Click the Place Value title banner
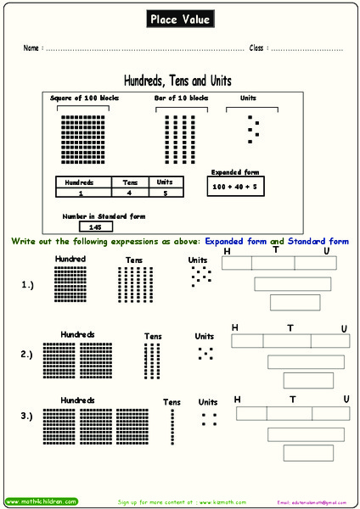[180, 19]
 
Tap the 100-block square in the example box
[83, 140]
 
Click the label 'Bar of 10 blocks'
[181, 98]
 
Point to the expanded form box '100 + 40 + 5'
[233, 184]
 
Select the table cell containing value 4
[130, 193]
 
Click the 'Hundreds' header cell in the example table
[83, 182]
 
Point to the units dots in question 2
[205, 353]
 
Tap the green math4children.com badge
[41, 501]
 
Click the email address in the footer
[312, 502]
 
